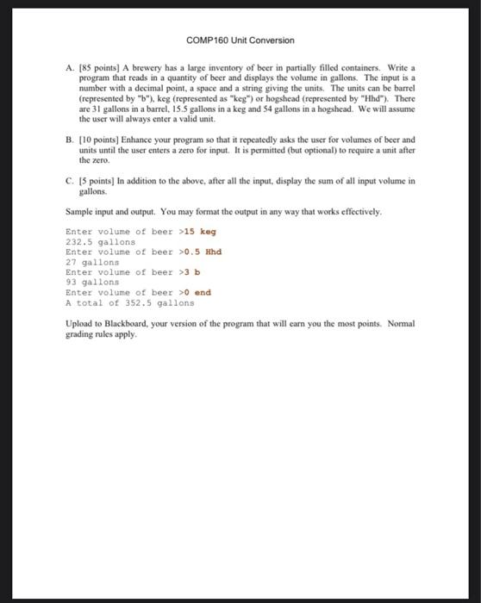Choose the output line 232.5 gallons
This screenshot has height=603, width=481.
(100, 242)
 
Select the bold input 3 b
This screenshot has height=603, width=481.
(191, 272)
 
